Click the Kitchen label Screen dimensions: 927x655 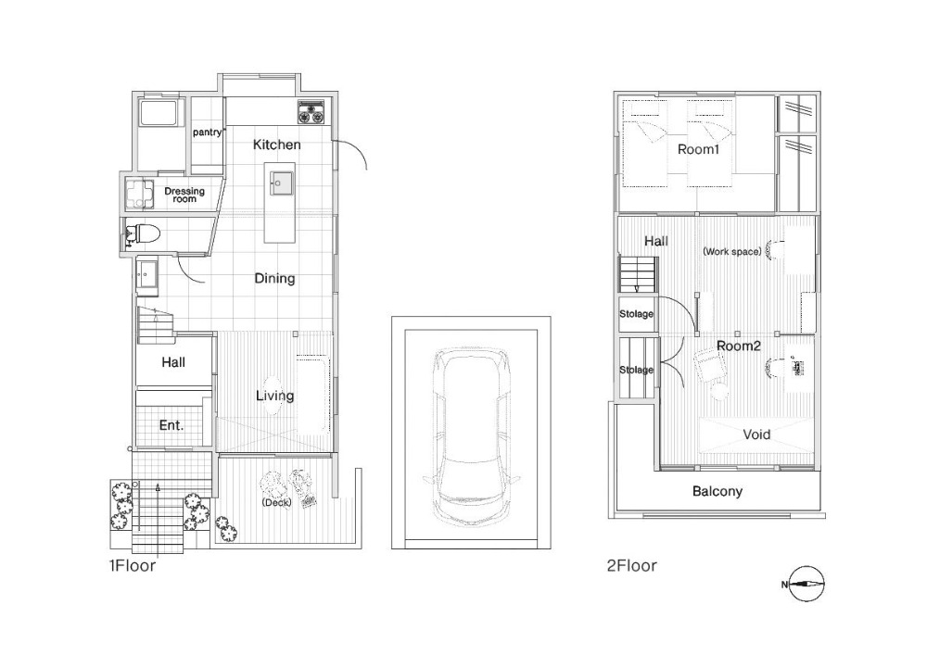pyautogui.click(x=276, y=145)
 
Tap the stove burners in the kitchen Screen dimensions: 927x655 pyautogui.click(x=311, y=112)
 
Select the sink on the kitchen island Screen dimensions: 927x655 pyautogui.click(x=282, y=183)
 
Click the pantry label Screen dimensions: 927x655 pyautogui.click(x=207, y=132)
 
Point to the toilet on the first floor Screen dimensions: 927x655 pyautogui.click(x=142, y=233)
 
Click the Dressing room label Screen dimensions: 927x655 pyautogui.click(x=184, y=195)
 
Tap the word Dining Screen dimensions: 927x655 pyautogui.click(x=275, y=279)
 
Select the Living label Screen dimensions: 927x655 pyautogui.click(x=275, y=396)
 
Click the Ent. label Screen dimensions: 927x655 pyautogui.click(x=171, y=425)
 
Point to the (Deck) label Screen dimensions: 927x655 pyautogui.click(x=276, y=503)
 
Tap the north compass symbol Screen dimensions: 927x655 pyautogui.click(x=806, y=584)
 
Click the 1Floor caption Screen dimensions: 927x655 pyautogui.click(x=133, y=566)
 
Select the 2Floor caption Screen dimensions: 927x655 pyautogui.click(x=632, y=566)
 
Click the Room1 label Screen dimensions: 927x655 pyautogui.click(x=698, y=149)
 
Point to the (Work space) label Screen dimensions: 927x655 pyautogui.click(x=732, y=252)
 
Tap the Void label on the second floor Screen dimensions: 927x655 pyautogui.click(x=756, y=435)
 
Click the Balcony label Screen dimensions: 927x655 pyautogui.click(x=717, y=491)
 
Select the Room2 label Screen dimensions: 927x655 pyautogui.click(x=739, y=346)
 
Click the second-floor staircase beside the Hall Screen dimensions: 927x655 pyautogui.click(x=639, y=274)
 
